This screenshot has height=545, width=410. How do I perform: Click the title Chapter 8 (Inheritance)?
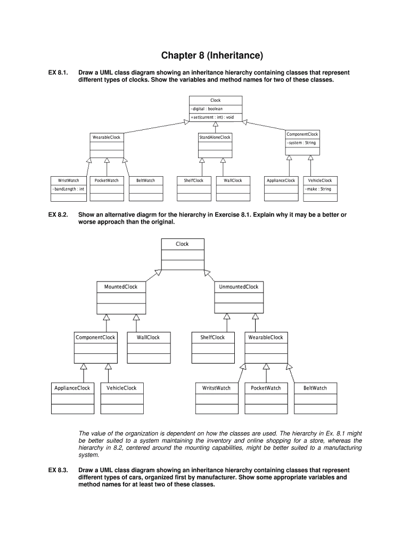(x=205, y=55)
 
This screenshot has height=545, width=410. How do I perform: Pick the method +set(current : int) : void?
(x=212, y=117)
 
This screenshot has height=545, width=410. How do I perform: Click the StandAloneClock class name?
(x=215, y=137)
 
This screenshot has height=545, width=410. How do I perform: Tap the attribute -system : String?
(x=301, y=143)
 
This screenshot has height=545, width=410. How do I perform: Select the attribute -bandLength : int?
(x=68, y=189)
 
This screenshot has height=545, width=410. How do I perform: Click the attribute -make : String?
(x=318, y=189)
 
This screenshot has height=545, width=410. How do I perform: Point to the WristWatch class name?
(x=69, y=180)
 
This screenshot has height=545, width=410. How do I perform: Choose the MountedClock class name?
(x=120, y=287)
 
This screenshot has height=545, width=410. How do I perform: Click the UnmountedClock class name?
(x=238, y=287)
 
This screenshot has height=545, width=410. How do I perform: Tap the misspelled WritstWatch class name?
(x=216, y=388)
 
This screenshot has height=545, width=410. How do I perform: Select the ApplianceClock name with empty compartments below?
(x=72, y=388)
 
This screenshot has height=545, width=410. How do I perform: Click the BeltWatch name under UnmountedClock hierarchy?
(x=315, y=388)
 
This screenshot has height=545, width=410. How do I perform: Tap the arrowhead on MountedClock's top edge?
(x=158, y=273)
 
